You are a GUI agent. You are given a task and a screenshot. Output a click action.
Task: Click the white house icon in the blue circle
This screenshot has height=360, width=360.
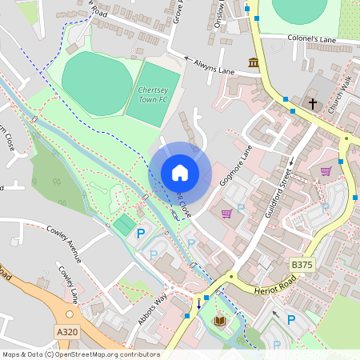click(180, 172)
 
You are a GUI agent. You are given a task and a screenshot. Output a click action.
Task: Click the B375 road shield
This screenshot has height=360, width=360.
click(301, 264)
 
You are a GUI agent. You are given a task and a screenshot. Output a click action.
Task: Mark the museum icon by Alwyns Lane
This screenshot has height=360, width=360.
click(254, 62)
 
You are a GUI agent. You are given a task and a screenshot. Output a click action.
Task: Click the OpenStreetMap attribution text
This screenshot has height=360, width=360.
click(81, 354)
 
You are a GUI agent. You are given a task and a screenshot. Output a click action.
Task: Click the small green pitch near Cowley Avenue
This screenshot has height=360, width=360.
click(123, 225)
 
